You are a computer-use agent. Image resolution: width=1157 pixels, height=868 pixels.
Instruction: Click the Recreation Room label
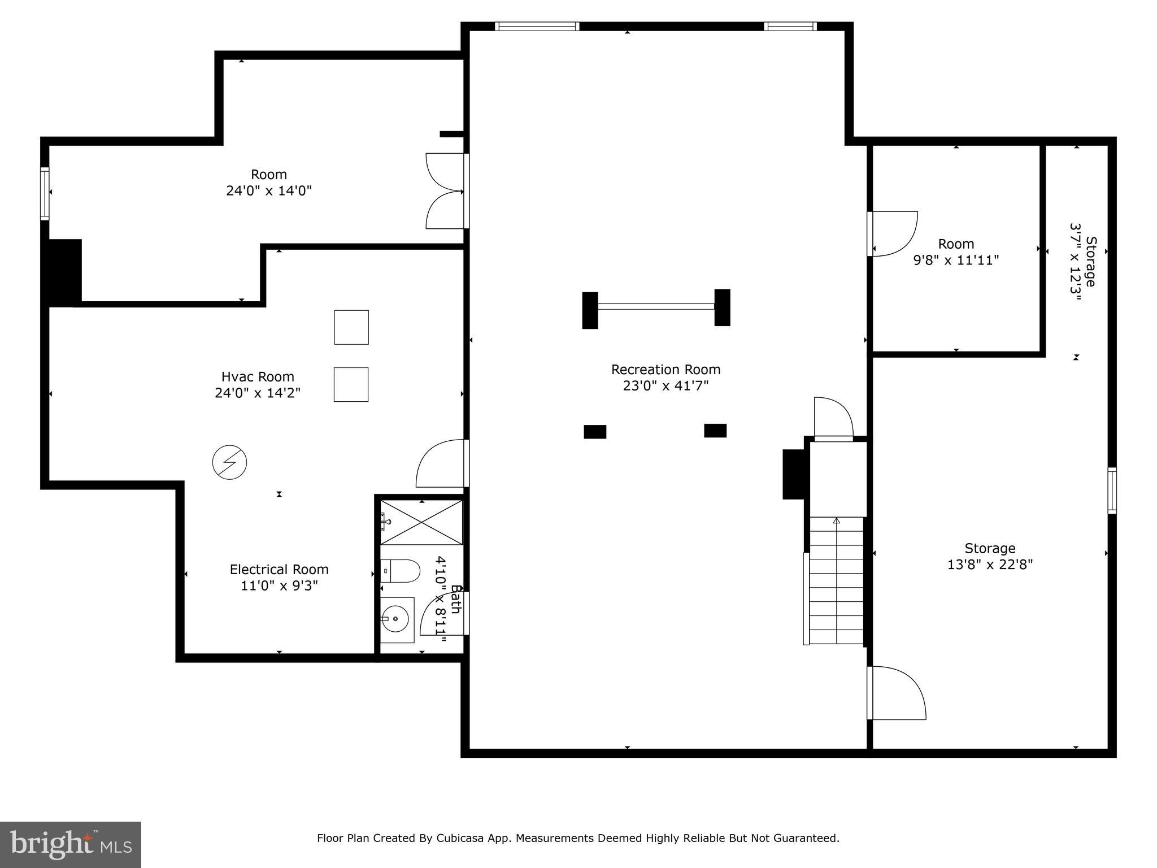(666, 370)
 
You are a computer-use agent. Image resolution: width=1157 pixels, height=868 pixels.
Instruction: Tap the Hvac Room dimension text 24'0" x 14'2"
(258, 393)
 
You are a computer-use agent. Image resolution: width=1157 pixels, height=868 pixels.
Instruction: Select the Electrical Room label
(279, 569)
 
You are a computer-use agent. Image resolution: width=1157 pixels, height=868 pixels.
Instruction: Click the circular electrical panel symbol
(229, 463)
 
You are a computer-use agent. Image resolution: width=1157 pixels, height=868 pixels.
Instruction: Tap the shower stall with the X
(421, 522)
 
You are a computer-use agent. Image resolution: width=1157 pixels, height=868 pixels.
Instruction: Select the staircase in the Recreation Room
(837, 581)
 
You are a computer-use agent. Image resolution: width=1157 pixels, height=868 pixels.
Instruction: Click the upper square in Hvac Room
(351, 327)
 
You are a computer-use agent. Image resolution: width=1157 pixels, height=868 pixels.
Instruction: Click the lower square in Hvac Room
(351, 385)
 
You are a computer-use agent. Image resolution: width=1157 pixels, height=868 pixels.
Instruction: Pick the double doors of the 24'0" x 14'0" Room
(445, 191)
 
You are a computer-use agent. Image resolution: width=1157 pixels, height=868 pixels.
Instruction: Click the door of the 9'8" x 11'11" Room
(893, 233)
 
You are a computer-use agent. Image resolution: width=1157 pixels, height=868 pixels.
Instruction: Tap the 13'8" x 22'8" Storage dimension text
(990, 565)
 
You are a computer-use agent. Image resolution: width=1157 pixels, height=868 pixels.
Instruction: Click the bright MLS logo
(71, 845)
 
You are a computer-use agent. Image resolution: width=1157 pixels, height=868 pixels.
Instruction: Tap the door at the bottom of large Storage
(896, 693)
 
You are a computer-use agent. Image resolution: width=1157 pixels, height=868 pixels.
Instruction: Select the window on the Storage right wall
(1112, 490)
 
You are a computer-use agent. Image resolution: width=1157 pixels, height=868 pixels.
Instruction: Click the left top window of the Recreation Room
(537, 26)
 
